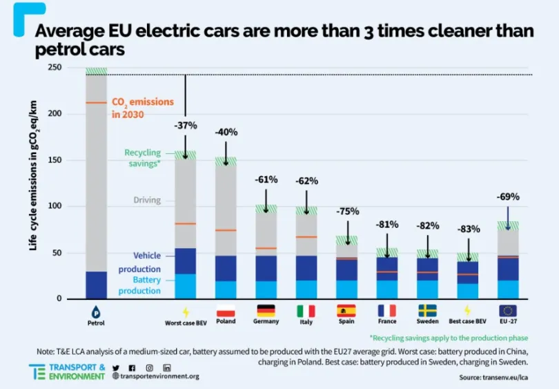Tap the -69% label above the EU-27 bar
[x=507, y=197]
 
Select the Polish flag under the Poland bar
[x=226, y=310]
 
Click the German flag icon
[x=266, y=310]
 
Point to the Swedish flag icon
[x=427, y=310]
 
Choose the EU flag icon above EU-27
[x=508, y=310]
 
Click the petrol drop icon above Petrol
[x=96, y=311]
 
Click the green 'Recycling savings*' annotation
[x=142, y=158]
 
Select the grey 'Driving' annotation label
[x=146, y=200]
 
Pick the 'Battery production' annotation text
[x=139, y=286]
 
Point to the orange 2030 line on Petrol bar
[x=96, y=103]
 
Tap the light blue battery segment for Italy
[x=306, y=290]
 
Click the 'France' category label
[x=386, y=321]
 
